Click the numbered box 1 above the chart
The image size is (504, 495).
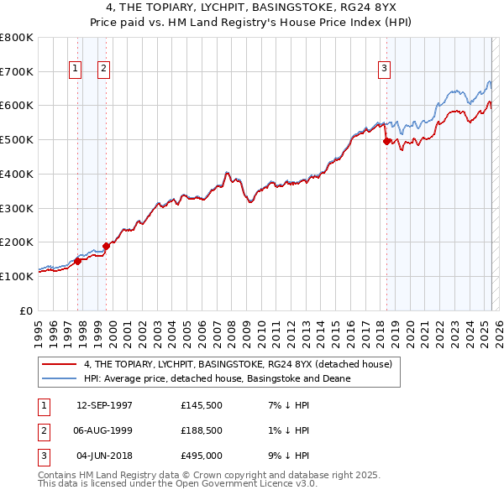coord(76,69)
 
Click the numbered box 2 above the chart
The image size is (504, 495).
coord(104,69)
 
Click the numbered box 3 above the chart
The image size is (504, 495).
coord(384,69)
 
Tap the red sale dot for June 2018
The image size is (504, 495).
coord(386,142)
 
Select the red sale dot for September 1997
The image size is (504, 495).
coord(77,261)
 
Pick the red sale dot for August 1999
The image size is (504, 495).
coord(106,247)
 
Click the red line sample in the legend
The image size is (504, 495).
coord(59,365)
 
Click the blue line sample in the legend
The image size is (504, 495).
coord(59,378)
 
